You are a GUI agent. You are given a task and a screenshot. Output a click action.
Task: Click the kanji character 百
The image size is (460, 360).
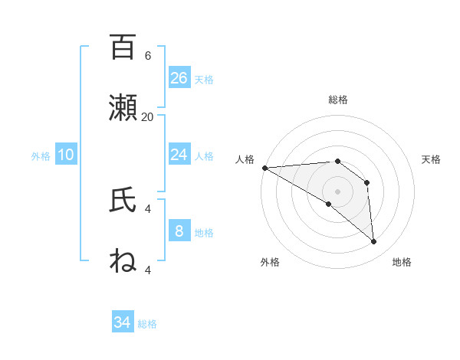tap(123, 47)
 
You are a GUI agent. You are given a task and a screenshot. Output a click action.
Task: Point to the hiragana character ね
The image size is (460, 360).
tap(123, 260)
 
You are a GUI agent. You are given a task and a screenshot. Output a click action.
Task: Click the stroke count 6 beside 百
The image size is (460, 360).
tap(147, 56)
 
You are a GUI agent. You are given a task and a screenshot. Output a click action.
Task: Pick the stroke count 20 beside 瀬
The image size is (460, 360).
tap(147, 116)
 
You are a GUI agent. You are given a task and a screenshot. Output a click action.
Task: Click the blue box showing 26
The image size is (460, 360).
tap(179, 78)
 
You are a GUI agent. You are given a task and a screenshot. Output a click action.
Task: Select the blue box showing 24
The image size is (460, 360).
tap(179, 155)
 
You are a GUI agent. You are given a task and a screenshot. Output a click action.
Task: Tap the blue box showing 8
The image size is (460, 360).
tap(179, 231)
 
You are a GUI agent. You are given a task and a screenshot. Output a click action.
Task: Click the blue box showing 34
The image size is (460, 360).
tap(123, 322)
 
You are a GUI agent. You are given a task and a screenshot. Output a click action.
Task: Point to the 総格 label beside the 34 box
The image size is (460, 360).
tap(147, 324)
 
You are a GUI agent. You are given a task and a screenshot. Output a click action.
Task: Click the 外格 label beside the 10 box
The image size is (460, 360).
tap(41, 156)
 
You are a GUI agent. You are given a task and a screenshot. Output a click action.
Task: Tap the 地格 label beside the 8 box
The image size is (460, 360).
tap(204, 233)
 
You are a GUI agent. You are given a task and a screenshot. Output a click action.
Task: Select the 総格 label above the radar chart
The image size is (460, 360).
tap(338, 100)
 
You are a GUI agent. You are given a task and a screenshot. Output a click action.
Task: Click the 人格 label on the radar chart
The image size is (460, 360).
tap(245, 159)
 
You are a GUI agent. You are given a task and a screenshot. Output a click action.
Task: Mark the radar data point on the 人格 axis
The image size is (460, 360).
tap(264, 168)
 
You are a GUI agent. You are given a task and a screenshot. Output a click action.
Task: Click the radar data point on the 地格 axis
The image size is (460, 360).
tap(374, 241)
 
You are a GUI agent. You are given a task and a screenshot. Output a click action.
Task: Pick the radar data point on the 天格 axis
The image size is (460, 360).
tap(367, 182)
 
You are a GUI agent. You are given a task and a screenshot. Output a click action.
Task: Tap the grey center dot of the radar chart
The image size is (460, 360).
tap(337, 191)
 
